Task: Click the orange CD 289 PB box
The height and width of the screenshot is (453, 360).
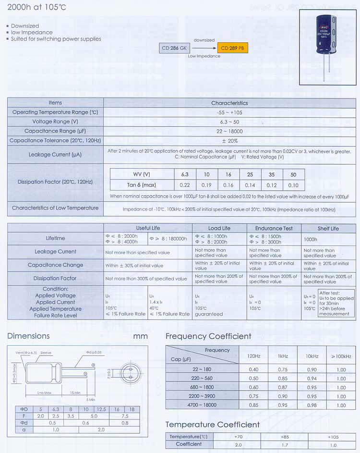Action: (233, 48)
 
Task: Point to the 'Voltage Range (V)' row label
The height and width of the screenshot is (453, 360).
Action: (55, 122)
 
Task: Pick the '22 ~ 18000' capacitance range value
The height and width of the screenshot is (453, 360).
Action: (229, 131)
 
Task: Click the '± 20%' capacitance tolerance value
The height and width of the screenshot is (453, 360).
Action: (229, 141)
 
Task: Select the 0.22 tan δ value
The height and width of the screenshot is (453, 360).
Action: (185, 185)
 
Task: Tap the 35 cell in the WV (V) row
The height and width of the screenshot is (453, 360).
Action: (272, 174)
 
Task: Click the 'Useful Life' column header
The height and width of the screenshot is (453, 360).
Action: (148, 228)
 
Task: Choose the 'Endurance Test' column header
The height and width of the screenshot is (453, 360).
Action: (274, 228)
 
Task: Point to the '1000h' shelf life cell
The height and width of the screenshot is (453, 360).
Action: (311, 239)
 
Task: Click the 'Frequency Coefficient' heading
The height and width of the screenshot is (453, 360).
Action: (208, 336)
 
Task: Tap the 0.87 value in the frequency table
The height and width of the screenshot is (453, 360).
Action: (283, 387)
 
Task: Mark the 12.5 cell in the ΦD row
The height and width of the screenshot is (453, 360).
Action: (101, 409)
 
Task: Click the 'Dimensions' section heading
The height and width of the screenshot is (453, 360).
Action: (28, 336)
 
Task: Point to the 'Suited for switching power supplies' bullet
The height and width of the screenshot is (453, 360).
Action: (56, 39)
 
